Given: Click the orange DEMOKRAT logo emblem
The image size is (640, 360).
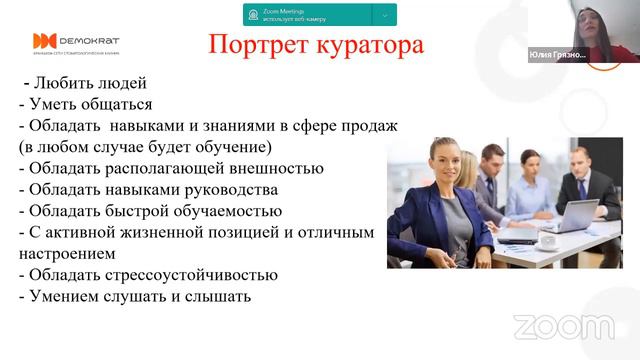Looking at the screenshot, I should (x=44, y=41).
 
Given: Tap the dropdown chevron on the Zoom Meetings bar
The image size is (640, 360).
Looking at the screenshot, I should (x=384, y=15).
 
